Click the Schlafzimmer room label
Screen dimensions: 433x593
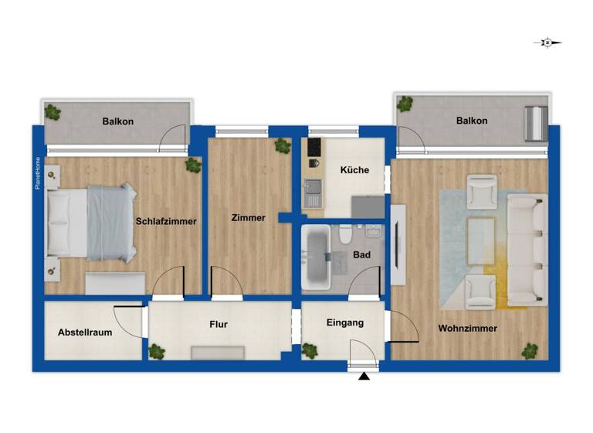click(x=166, y=221)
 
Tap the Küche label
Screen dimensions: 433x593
click(x=354, y=170)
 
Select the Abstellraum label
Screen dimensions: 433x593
click(x=85, y=332)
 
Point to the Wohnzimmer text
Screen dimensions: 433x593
click(x=467, y=328)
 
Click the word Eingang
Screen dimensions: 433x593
click(x=344, y=322)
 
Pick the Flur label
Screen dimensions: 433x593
click(x=218, y=325)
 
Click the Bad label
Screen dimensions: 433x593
click(x=361, y=254)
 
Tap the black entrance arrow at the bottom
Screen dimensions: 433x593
click(x=364, y=377)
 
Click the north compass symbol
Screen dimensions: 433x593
click(x=547, y=43)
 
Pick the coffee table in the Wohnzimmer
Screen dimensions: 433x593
click(x=482, y=230)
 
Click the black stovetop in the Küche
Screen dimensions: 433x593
click(x=314, y=147)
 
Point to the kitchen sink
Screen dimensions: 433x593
click(x=313, y=187)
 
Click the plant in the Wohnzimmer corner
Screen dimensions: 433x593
click(x=530, y=351)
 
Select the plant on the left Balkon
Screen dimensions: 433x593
click(x=53, y=111)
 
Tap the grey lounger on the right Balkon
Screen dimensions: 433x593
click(x=534, y=124)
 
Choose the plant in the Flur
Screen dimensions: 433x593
click(x=157, y=352)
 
